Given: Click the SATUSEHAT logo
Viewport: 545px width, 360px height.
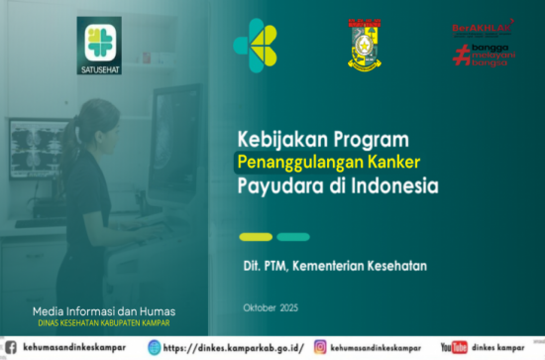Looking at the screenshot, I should (x=98, y=46).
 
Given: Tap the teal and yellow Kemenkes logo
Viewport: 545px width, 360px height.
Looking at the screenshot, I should (x=255, y=45).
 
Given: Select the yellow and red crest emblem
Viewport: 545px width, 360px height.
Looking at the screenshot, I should (x=365, y=45).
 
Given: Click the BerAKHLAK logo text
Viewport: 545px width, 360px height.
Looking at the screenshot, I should (x=482, y=29).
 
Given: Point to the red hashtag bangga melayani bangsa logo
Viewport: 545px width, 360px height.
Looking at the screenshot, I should (x=482, y=54).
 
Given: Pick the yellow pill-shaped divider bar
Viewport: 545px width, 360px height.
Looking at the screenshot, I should (x=256, y=237).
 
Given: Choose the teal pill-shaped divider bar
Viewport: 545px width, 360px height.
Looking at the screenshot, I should (x=293, y=237).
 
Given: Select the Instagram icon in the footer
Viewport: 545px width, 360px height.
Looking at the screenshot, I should (x=321, y=347).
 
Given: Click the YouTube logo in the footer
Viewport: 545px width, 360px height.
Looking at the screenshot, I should (x=454, y=347).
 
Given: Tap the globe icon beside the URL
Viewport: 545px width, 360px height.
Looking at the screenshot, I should (x=154, y=347).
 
